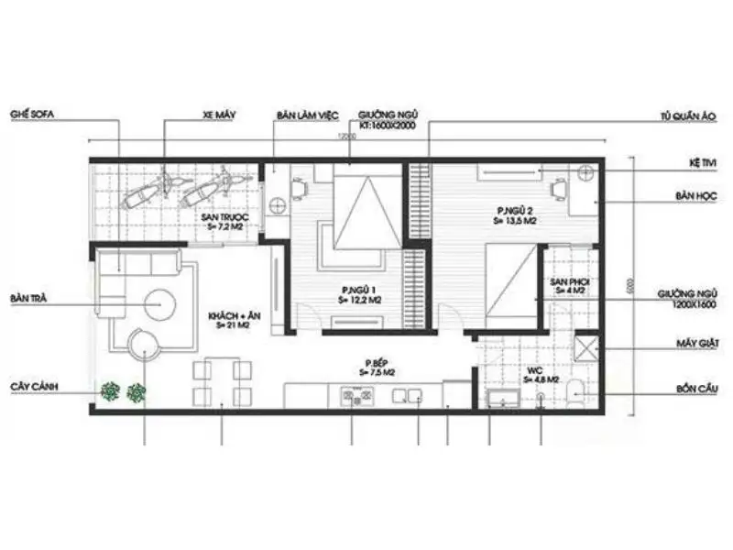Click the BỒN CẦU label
[697, 390]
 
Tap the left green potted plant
[111, 392]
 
